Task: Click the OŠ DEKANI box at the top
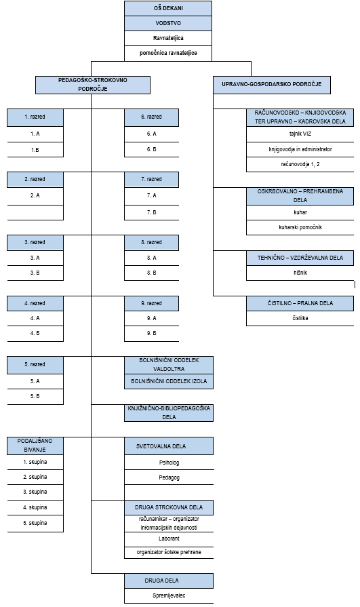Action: pos(168,8)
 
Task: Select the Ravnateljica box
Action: pos(168,39)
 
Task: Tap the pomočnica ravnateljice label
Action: pos(168,53)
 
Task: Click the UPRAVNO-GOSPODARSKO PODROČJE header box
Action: pos(272,85)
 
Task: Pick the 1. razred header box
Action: pos(35,117)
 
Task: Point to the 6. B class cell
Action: pos(151,149)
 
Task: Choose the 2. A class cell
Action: pos(35,196)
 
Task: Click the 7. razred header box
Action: pos(151,180)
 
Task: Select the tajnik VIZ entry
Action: pos(300,134)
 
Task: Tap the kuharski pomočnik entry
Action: pos(300,227)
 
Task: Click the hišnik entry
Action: pos(300,273)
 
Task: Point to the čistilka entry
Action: pos(300,318)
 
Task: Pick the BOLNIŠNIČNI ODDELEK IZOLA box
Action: pos(169,381)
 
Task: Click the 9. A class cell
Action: pos(151,318)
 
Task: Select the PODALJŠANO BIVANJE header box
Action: pos(35,446)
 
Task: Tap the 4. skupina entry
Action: pos(35,507)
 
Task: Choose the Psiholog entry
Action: pos(169,463)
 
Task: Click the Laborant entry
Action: pos(169,539)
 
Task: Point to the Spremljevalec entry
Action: pos(169,595)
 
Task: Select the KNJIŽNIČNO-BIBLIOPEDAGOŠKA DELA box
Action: pos(169,412)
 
